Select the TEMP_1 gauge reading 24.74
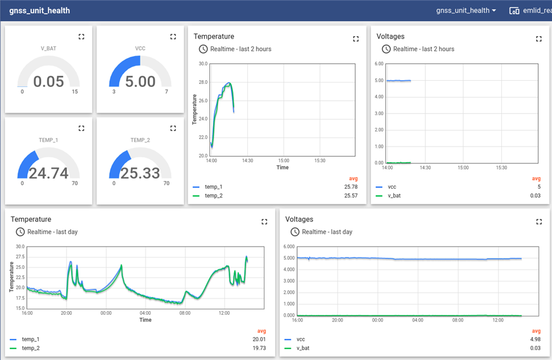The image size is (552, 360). [48, 174]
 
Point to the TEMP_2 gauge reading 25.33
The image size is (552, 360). [140, 174]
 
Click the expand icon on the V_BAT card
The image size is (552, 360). [81, 37]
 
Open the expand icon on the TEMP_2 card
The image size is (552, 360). [173, 128]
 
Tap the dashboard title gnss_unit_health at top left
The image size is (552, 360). [39, 10]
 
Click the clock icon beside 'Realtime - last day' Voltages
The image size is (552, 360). [294, 232]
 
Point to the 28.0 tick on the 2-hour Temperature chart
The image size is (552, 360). [203, 82]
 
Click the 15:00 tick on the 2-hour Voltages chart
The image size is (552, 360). [463, 168]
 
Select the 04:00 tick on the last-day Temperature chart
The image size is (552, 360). [145, 313]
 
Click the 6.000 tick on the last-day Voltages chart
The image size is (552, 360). [288, 247]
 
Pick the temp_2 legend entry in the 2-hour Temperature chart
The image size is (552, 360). [214, 195]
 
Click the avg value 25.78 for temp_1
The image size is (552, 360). [351, 187]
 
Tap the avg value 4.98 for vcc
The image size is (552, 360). [534, 339]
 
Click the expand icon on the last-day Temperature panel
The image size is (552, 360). [264, 222]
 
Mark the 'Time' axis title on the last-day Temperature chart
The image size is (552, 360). [145, 320]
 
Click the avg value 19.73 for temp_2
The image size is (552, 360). [259, 348]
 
